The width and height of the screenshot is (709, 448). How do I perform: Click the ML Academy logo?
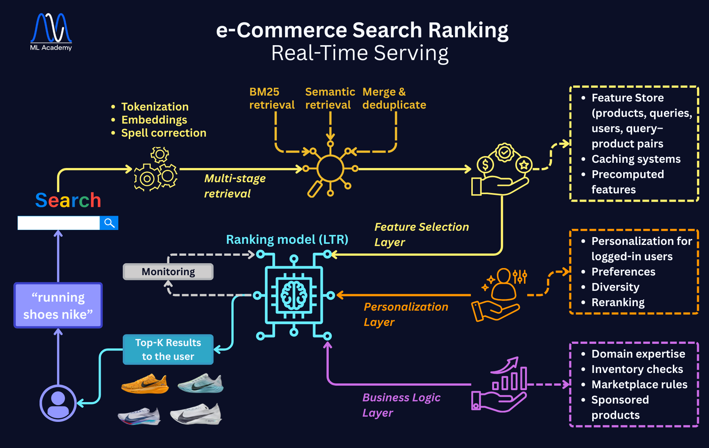pos(51,32)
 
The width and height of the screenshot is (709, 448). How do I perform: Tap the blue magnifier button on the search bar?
pos(109,223)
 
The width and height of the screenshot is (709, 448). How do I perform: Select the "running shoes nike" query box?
pos(58,305)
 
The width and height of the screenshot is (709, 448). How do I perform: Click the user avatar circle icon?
pos(58,403)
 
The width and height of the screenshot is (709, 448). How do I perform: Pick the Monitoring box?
pos(168,272)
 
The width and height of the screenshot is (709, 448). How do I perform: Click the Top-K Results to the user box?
pos(168,349)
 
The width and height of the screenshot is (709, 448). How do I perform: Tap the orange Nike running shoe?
pos(145,384)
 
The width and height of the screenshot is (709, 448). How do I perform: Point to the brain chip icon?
pos(294,295)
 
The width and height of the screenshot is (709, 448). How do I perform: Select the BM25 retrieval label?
pos(272,98)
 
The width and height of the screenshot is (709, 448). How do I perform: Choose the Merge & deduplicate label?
pos(394,98)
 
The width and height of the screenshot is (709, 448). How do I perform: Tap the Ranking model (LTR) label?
pos(287,240)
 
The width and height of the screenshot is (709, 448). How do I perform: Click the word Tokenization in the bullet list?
pos(155,107)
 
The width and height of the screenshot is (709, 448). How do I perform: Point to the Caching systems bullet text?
pos(636,159)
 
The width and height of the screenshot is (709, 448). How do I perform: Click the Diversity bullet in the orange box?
pos(615,287)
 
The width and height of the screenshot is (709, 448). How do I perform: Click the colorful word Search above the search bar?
pos(68,200)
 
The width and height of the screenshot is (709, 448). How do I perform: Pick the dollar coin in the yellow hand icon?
pos(485,164)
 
